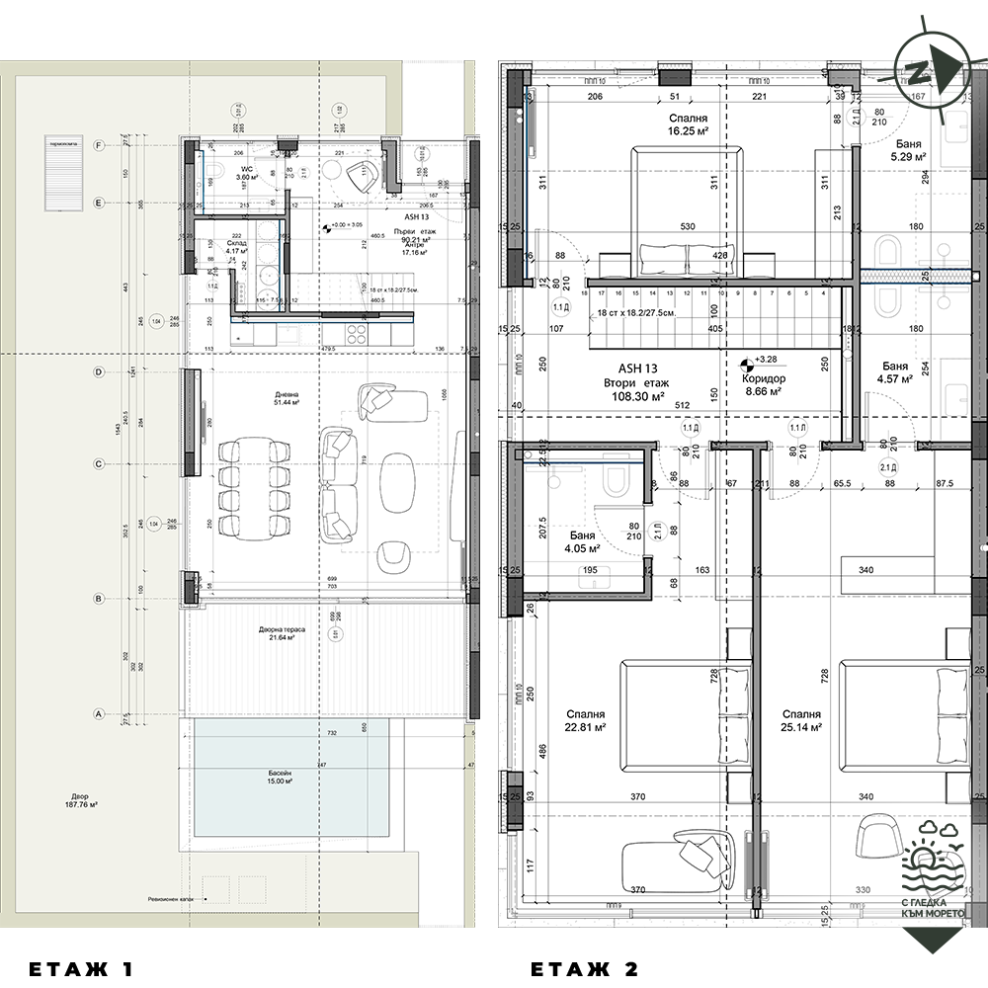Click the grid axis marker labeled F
[x=98, y=145]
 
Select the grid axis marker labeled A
[x=98, y=712]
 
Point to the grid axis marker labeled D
[x=98, y=372]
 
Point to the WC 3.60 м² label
[x=249, y=173]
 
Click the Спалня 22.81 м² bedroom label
[x=585, y=720]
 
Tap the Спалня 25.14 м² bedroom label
[x=800, y=720]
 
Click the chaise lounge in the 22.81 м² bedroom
[x=682, y=852]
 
